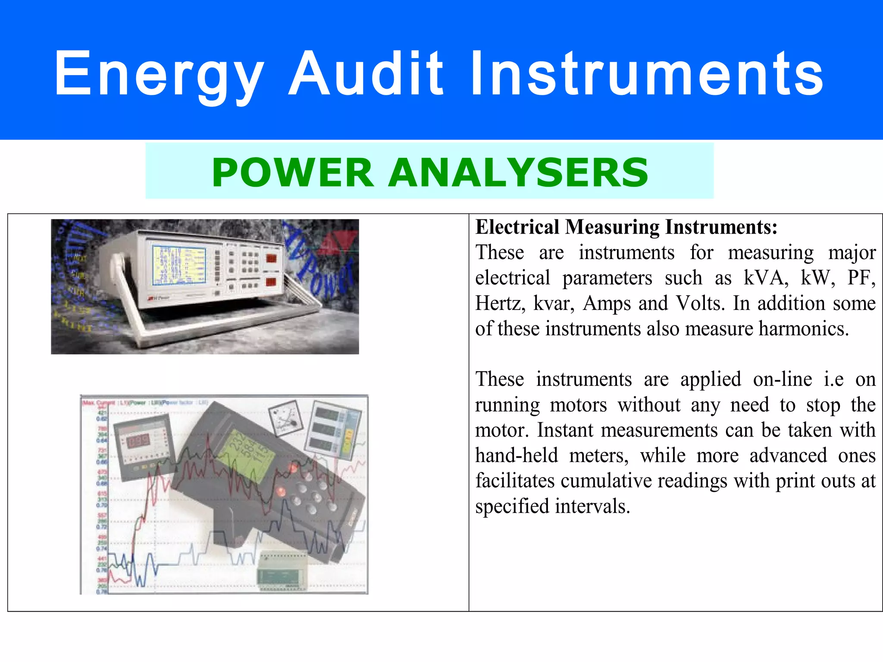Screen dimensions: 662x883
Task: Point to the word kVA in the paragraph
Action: pyautogui.click(x=766, y=278)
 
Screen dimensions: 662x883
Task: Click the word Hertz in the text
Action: pyautogui.click(x=500, y=303)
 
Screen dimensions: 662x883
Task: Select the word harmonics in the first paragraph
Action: pyautogui.click(x=804, y=329)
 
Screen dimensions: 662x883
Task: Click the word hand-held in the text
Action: pyautogui.click(x=517, y=456)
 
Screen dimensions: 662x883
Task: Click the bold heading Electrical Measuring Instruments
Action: pyautogui.click(x=626, y=227)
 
